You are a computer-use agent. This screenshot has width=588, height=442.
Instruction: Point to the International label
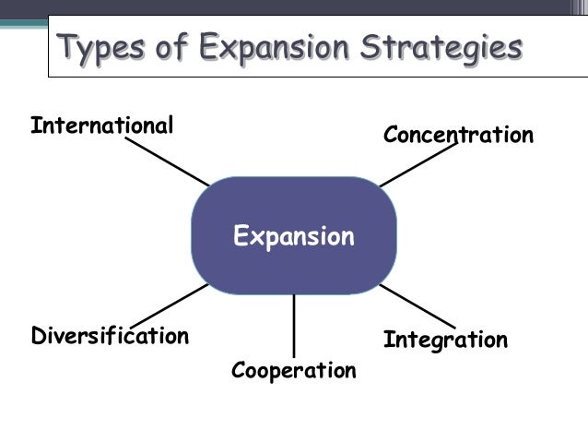point(101,125)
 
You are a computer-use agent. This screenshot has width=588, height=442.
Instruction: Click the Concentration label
point(458,136)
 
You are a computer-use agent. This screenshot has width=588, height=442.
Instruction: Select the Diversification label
point(110,335)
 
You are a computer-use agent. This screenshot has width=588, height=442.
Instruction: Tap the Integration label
point(445,340)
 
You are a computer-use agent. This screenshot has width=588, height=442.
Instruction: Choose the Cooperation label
point(293,371)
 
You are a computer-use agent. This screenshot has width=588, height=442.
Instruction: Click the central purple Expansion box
point(293,236)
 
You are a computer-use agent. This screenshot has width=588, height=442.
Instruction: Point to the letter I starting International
point(34,125)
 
